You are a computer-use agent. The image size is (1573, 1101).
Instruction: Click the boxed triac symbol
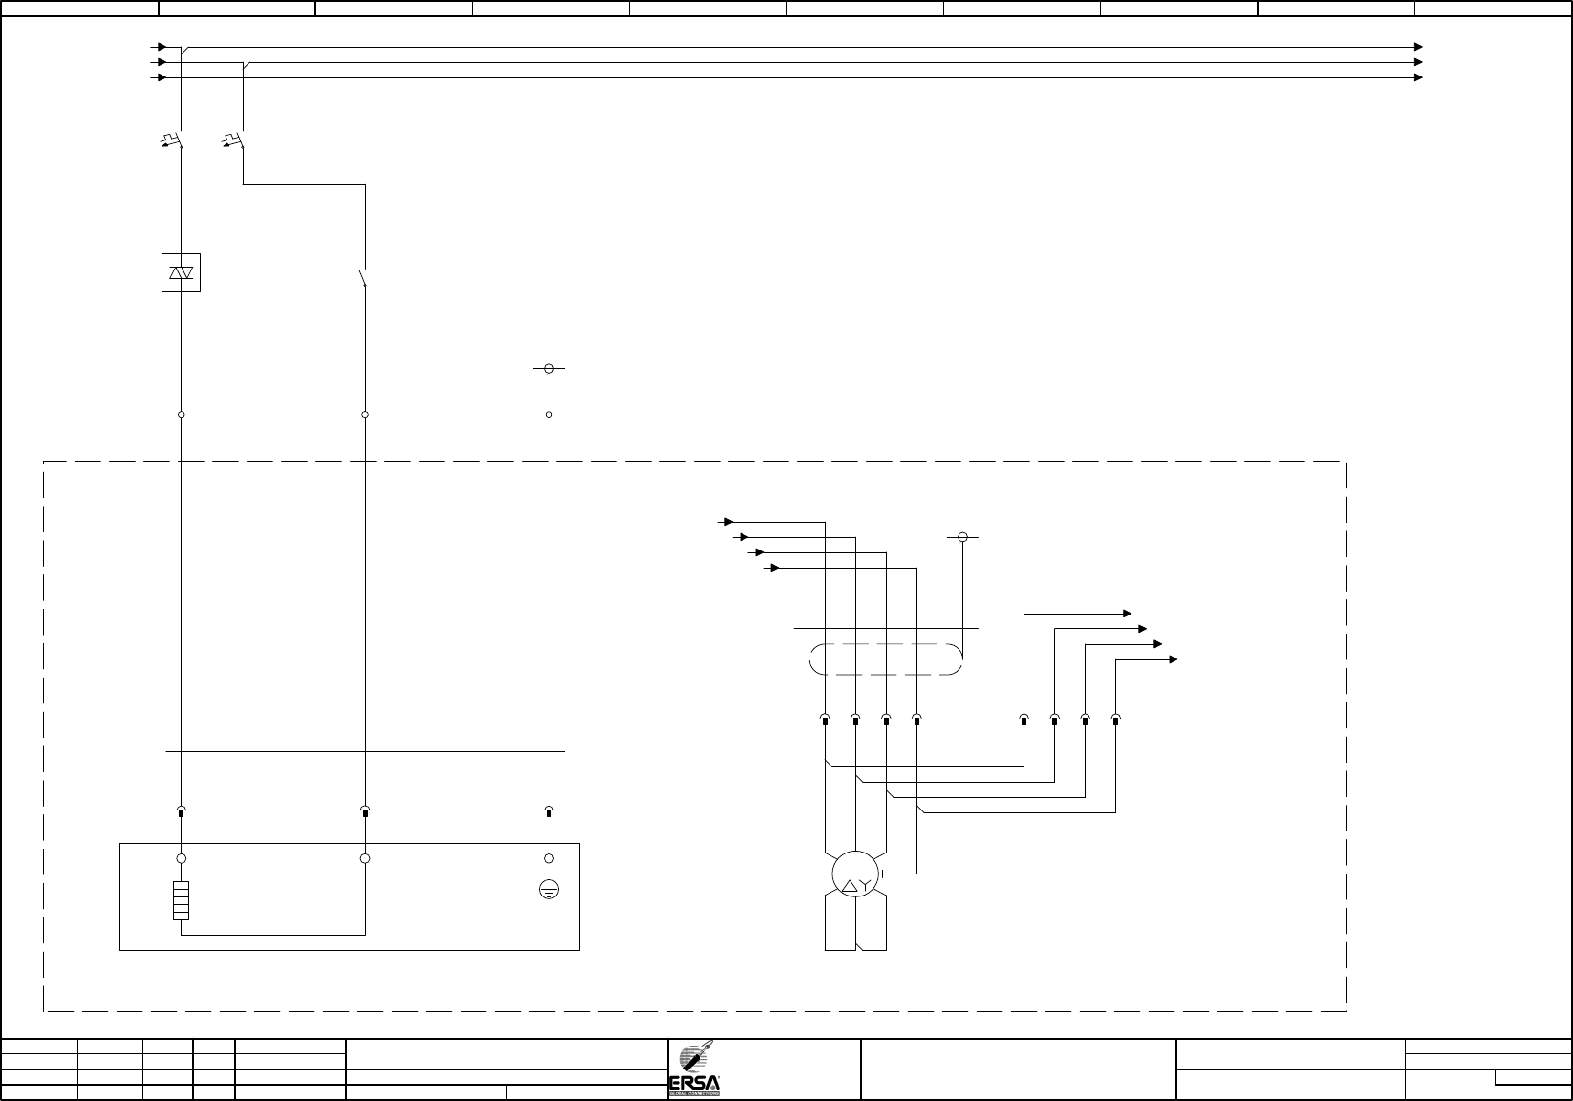pos(181,273)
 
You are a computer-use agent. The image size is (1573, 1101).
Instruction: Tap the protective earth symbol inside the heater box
pos(549,890)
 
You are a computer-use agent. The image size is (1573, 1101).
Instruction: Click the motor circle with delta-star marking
pos(854,873)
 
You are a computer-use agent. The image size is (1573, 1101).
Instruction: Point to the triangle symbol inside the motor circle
pos(847,886)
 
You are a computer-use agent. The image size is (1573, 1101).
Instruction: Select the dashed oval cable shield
pos(886,659)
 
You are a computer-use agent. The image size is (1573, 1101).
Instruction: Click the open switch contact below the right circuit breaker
pos(363,278)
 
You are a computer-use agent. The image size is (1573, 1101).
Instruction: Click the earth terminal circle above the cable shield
pos(963,537)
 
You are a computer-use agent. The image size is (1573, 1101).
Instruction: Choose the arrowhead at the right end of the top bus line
pos(1419,47)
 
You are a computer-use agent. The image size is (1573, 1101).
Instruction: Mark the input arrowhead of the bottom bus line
pos(162,77)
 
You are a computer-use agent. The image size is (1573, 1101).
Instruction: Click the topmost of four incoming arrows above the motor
pos(728,522)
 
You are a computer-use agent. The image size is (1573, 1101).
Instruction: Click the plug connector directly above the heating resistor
pos(182,812)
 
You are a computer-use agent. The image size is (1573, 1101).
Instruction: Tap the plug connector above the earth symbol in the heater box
pos(549,812)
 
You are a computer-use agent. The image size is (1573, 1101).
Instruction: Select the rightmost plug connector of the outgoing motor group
pos(1115,719)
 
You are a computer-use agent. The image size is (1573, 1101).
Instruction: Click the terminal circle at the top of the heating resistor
pos(182,858)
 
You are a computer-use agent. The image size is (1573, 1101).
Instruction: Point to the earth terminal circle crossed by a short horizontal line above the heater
pos(549,368)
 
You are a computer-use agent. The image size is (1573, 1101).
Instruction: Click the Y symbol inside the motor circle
pos(864,886)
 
